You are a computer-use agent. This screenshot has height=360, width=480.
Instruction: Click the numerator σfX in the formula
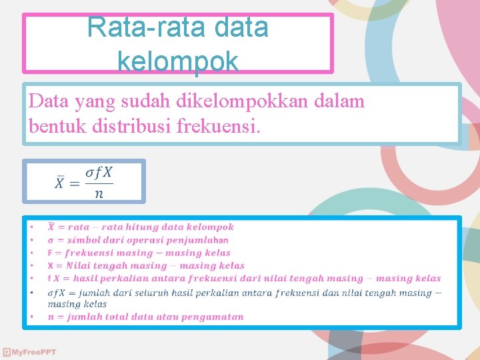click(99, 172)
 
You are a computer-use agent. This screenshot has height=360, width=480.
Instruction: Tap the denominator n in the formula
click(99, 194)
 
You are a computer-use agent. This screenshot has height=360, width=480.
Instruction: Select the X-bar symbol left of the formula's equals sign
click(60, 183)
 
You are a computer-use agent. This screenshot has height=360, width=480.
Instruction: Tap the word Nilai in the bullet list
click(89, 265)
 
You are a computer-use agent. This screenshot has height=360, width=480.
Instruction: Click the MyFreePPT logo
click(29, 352)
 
